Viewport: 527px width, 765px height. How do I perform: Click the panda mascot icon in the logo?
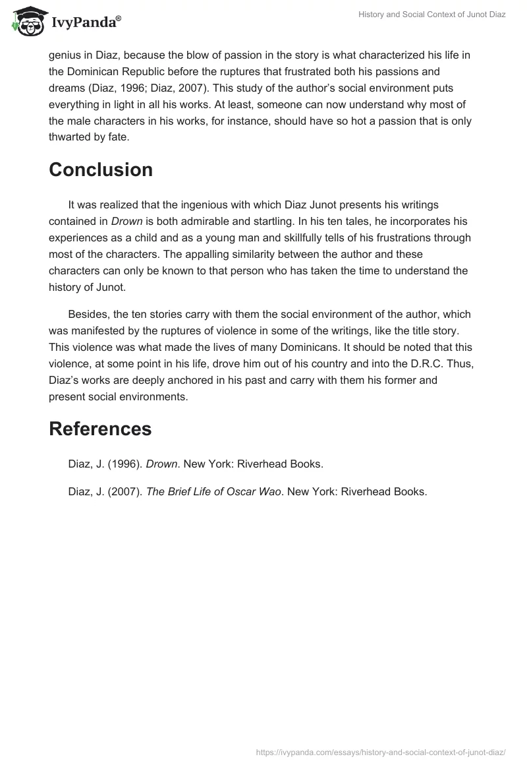[x=27, y=20]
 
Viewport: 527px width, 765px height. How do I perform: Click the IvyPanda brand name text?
[x=86, y=22]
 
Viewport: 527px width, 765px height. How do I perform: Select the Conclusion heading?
[x=101, y=169]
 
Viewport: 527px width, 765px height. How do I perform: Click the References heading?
[x=100, y=429]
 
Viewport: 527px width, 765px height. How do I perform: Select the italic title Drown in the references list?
[x=161, y=464]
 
